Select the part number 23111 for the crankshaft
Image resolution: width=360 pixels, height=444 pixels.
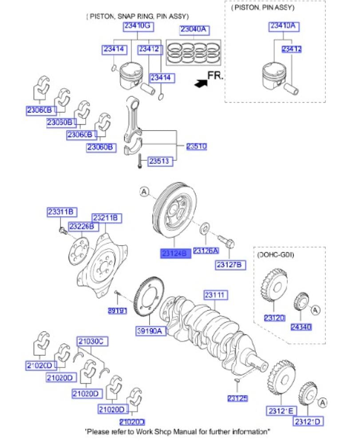click(x=216, y=295)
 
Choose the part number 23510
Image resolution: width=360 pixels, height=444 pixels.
click(x=196, y=146)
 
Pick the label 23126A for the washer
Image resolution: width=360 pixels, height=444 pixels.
click(x=206, y=251)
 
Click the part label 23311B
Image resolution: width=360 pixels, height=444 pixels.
click(x=62, y=212)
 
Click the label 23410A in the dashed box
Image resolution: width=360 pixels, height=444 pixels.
click(x=285, y=27)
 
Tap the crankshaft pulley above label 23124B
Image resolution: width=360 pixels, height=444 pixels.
click(x=175, y=212)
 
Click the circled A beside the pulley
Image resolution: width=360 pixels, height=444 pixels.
click(x=144, y=192)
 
